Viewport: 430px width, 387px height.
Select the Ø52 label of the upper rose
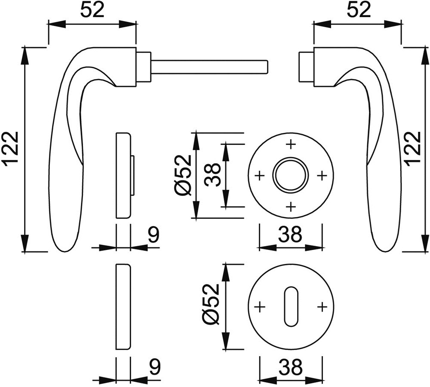184,175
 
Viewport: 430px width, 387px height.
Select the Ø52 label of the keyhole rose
211,304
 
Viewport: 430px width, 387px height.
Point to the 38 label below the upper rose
290,235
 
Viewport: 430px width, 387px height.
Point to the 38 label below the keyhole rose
290,367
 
